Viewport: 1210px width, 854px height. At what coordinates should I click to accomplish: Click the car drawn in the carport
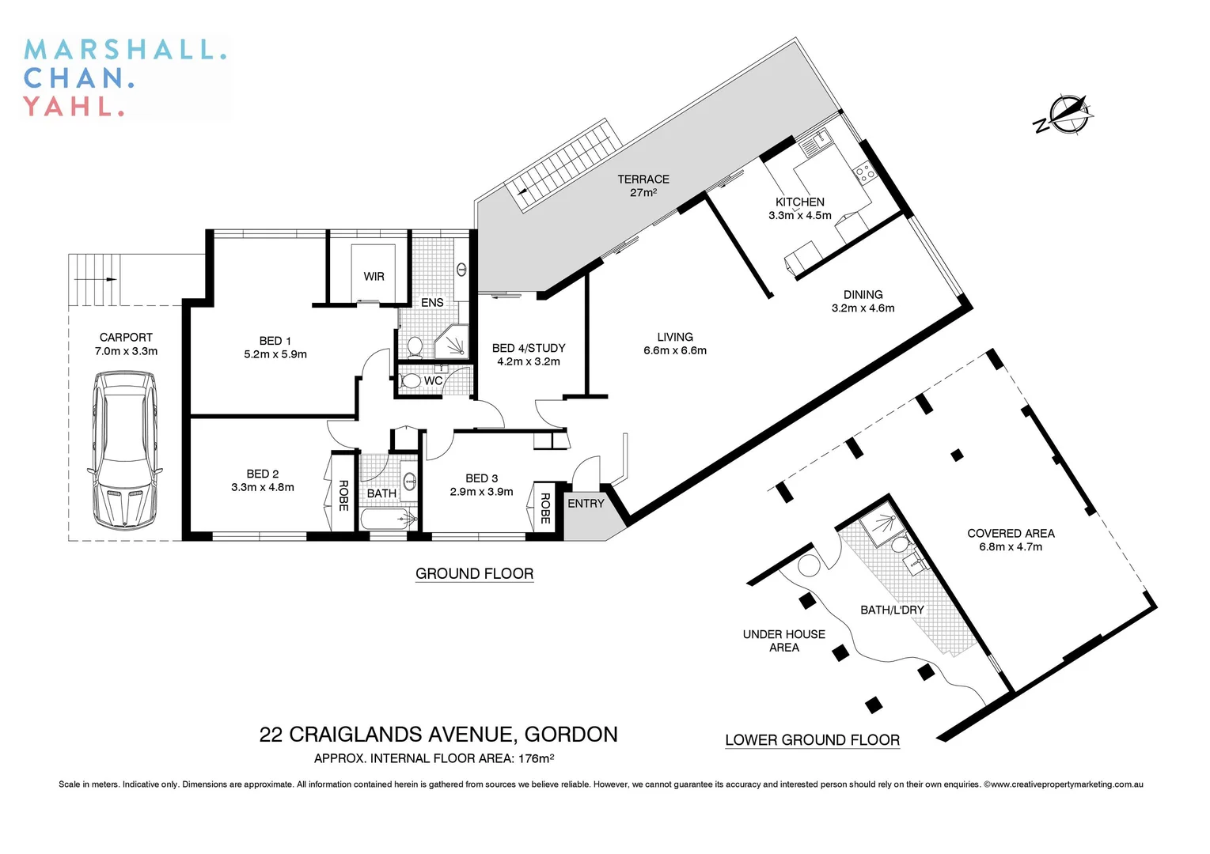click(125, 452)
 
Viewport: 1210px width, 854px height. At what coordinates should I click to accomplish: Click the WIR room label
click(374, 277)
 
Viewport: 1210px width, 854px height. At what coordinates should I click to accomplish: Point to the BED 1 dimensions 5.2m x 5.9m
click(275, 354)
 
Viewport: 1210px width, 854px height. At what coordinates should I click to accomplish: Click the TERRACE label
click(643, 179)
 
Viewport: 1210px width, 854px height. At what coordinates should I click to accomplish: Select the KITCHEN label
click(799, 202)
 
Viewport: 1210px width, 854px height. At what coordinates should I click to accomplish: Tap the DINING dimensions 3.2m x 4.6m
click(863, 308)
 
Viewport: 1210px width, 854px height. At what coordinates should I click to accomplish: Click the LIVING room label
click(674, 337)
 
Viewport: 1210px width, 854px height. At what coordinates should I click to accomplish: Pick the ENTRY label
click(586, 504)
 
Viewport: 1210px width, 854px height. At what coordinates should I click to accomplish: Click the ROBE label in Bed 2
click(343, 496)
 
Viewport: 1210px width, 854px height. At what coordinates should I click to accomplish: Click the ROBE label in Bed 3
click(544, 508)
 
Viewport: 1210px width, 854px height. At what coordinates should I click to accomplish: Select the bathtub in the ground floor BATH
click(389, 519)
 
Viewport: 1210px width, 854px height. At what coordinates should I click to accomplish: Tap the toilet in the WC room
click(412, 380)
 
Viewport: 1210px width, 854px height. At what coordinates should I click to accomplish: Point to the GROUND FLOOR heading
click(474, 573)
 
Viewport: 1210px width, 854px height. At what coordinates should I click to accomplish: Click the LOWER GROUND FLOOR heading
click(812, 740)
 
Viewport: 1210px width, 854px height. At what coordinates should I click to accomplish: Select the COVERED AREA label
click(1011, 533)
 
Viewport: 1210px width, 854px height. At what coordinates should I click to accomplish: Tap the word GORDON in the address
click(571, 735)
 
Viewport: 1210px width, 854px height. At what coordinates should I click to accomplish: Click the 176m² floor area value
click(536, 759)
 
